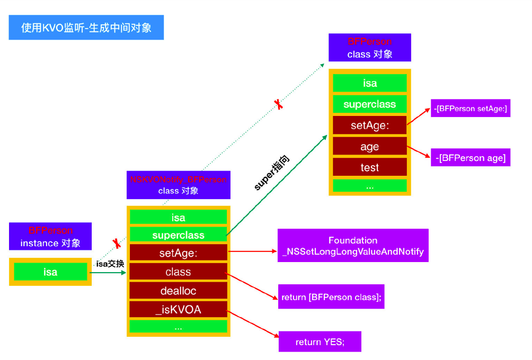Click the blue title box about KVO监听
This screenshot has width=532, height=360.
click(x=86, y=28)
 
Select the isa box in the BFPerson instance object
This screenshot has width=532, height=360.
click(x=50, y=272)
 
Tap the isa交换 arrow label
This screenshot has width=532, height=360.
click(x=110, y=264)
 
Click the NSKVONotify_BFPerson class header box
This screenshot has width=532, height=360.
click(x=178, y=185)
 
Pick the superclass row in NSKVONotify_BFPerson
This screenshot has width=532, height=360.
click(x=178, y=235)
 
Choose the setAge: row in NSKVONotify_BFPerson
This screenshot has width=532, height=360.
click(x=178, y=253)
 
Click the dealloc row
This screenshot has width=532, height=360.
click(x=178, y=291)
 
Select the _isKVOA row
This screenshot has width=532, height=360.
click(x=178, y=310)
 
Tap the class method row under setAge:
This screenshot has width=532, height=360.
click(x=178, y=272)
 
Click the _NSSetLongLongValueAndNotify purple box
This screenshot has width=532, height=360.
click(x=353, y=246)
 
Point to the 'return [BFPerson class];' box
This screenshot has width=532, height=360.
click(x=331, y=297)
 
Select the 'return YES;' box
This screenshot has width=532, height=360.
click(x=320, y=342)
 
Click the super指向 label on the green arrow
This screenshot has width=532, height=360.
click(x=272, y=173)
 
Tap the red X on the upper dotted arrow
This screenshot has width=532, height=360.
click(x=278, y=104)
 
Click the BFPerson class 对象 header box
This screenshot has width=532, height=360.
click(x=369, y=48)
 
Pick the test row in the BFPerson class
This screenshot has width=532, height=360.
click(x=369, y=167)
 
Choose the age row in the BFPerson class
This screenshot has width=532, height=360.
click(x=369, y=147)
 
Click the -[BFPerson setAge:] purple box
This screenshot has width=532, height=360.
click(x=471, y=108)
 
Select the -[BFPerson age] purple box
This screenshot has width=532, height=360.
click(x=471, y=158)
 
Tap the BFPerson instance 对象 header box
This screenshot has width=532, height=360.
click(x=50, y=237)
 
